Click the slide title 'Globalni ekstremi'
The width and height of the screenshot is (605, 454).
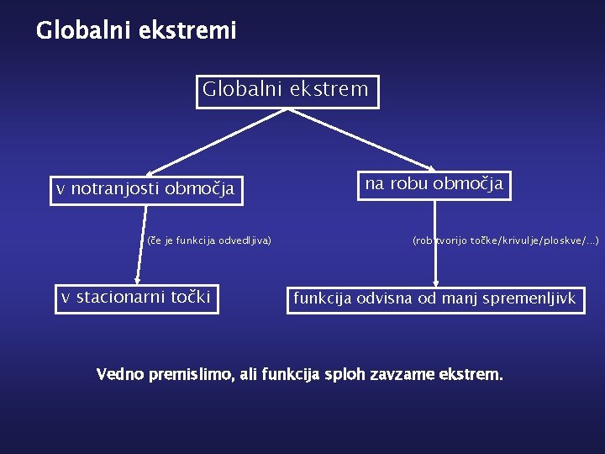coord(136,31)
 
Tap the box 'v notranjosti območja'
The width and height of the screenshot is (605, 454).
coord(145,189)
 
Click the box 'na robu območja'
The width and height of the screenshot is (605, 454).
coord(434,184)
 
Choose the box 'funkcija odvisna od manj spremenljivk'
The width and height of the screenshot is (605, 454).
coord(434,298)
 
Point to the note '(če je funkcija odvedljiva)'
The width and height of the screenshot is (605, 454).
coord(208,240)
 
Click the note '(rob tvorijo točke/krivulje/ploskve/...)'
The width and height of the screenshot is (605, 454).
coord(505,240)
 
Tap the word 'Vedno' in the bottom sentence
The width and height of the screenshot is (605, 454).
coord(123,373)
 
